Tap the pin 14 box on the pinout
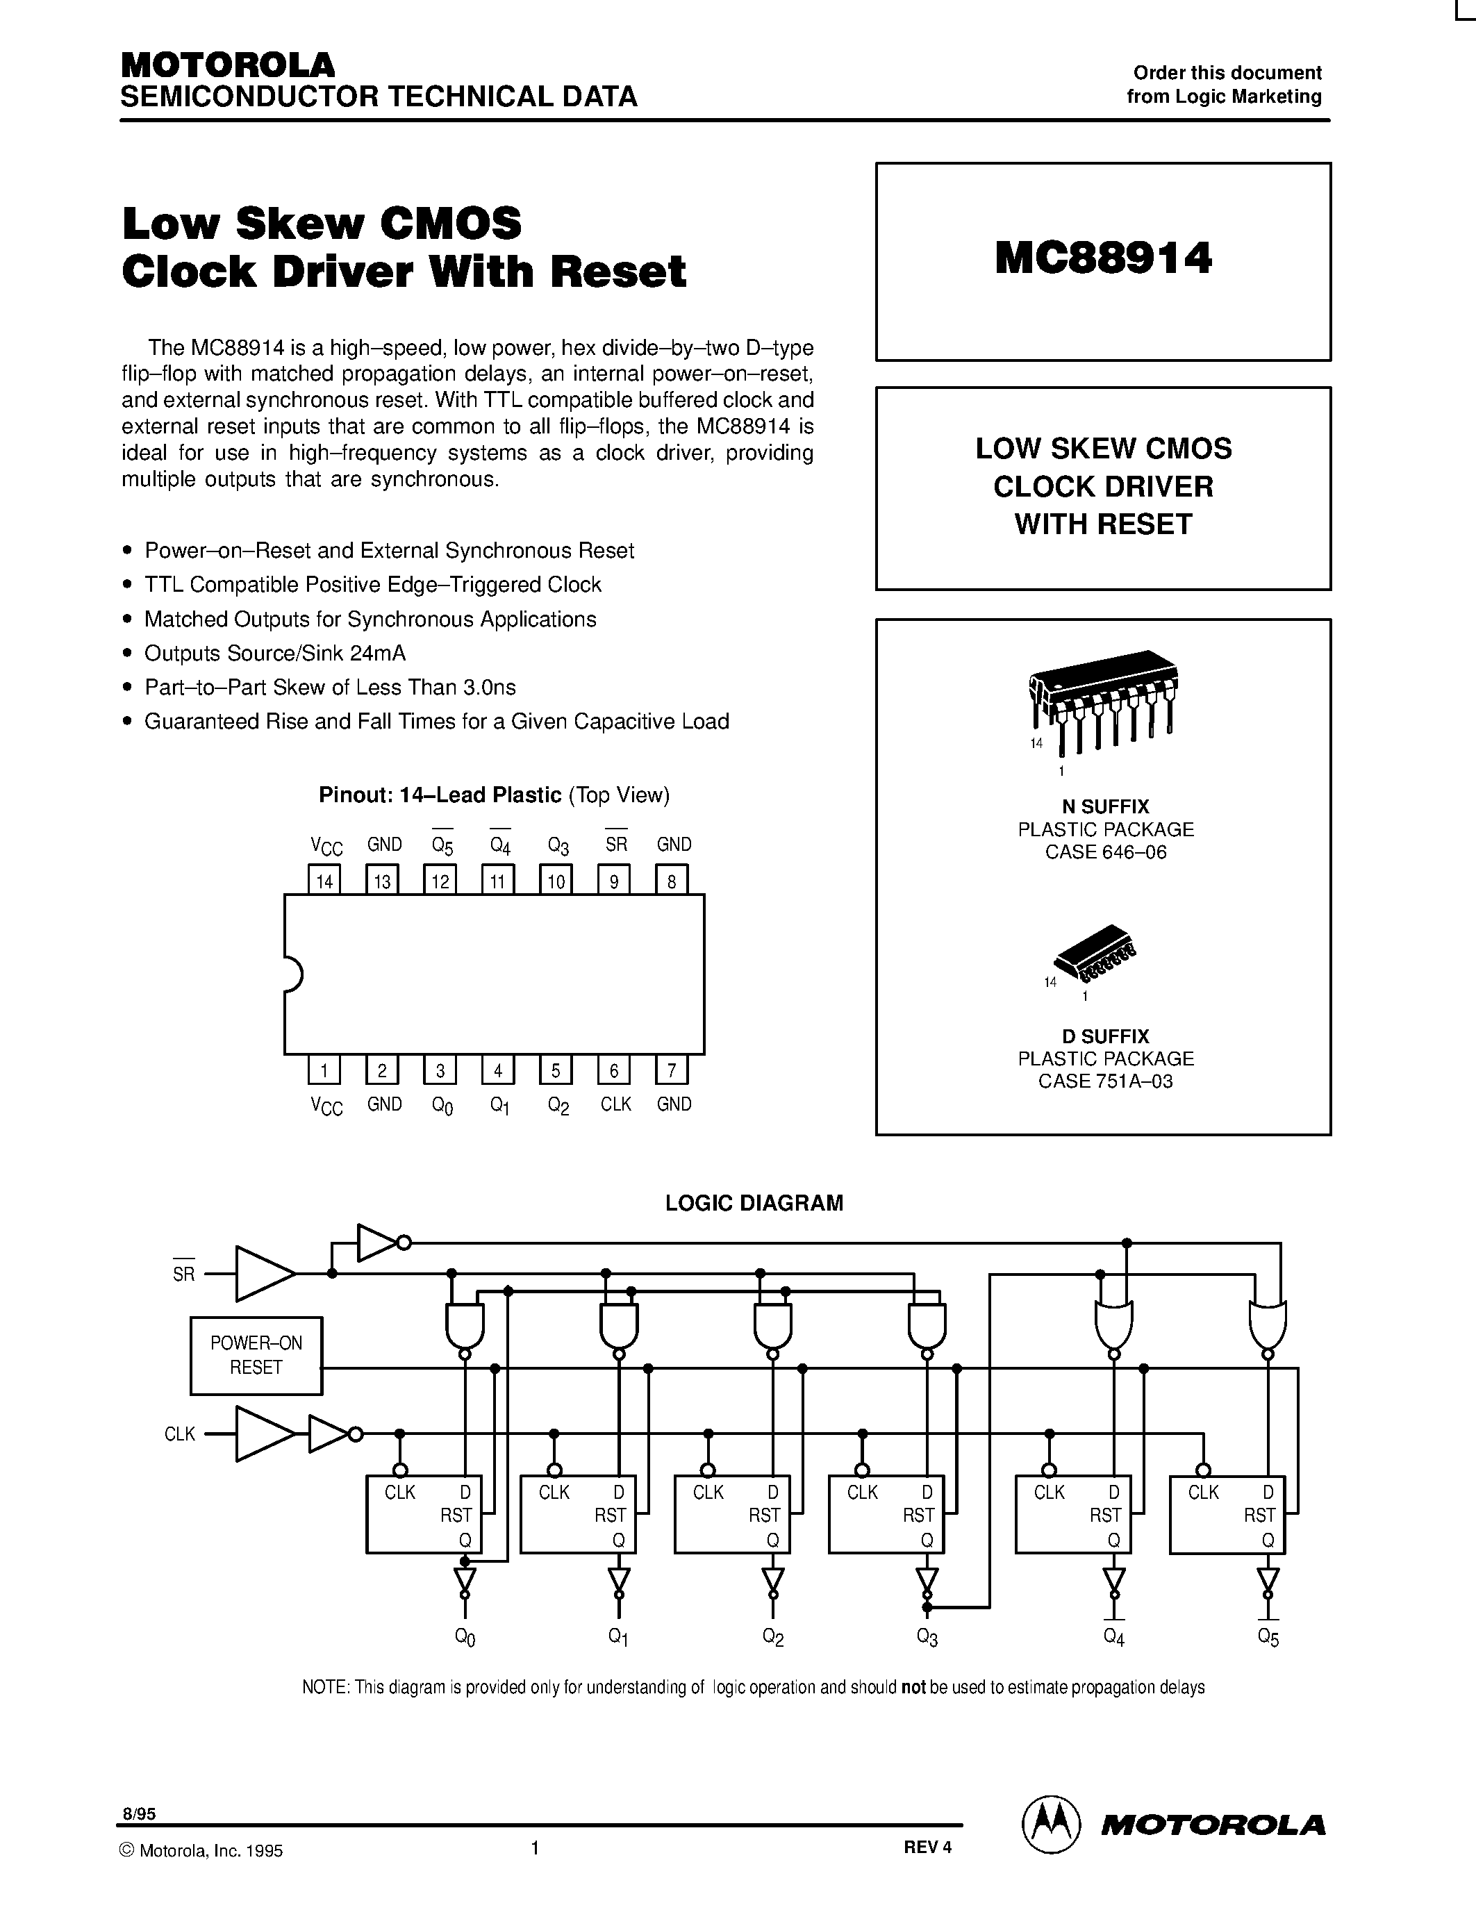tap(324, 880)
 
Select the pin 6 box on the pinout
tap(614, 1070)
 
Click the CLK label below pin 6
tap(615, 1104)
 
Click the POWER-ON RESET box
tap(256, 1356)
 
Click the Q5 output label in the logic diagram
tap(1268, 1637)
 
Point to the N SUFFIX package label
tap(1105, 806)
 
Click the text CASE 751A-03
tap(1105, 1081)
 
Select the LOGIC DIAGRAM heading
tap(754, 1202)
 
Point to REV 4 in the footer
tap(927, 1846)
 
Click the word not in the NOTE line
tap(913, 1687)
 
